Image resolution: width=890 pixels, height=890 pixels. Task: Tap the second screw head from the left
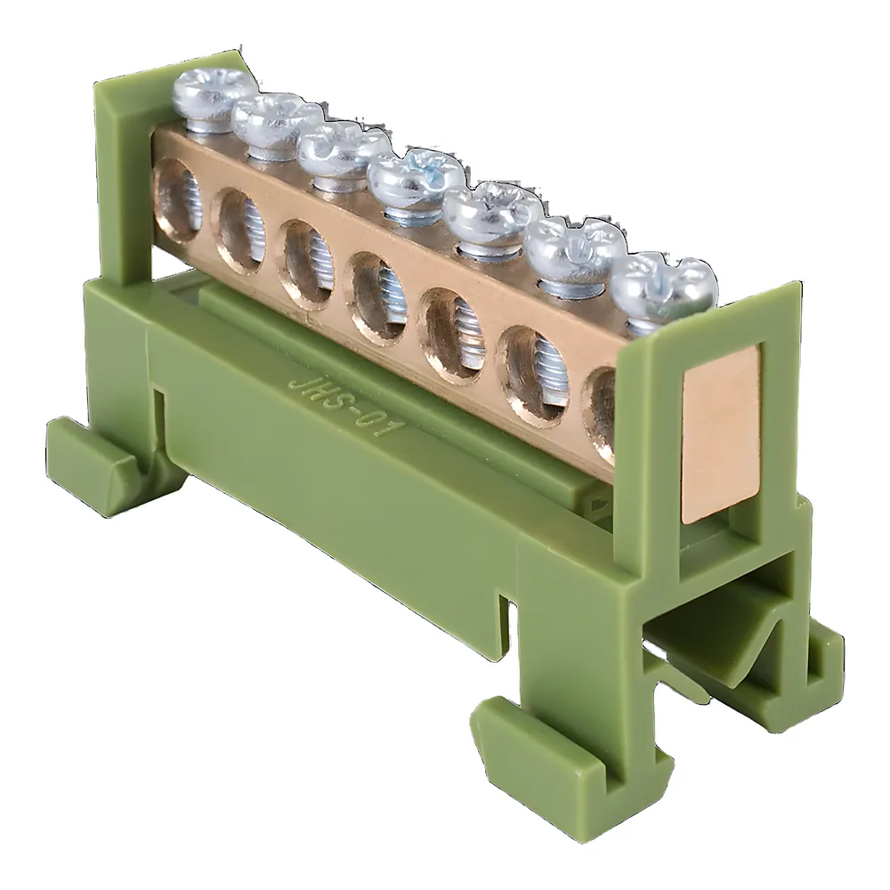277,123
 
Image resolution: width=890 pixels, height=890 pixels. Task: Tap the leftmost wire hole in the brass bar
177,199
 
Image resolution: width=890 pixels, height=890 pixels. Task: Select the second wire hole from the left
238,230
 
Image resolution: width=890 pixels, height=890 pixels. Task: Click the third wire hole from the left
306,264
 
